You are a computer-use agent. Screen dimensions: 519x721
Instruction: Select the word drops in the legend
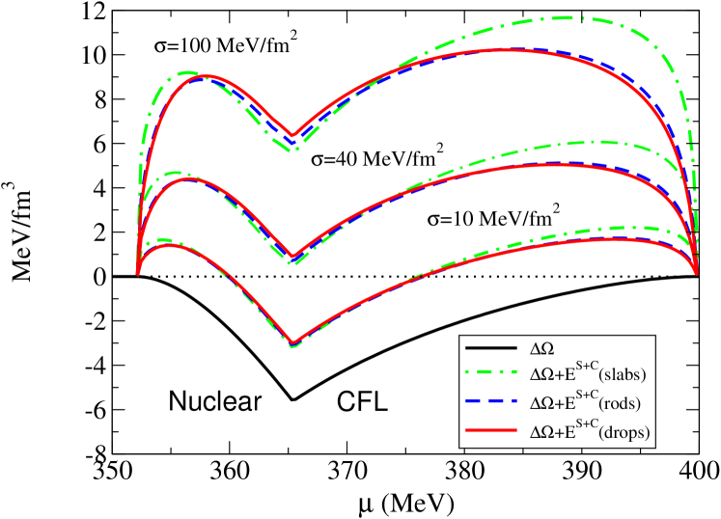[x=625, y=434]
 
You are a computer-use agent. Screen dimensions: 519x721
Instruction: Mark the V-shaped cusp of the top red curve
[x=292, y=137]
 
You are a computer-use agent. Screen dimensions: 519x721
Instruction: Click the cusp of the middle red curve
[x=292, y=257]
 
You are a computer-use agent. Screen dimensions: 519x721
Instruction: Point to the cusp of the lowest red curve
[x=292, y=341]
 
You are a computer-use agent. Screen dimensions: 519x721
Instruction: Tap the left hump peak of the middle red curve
[x=189, y=179]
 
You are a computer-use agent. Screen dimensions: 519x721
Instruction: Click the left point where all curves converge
[x=138, y=273]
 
